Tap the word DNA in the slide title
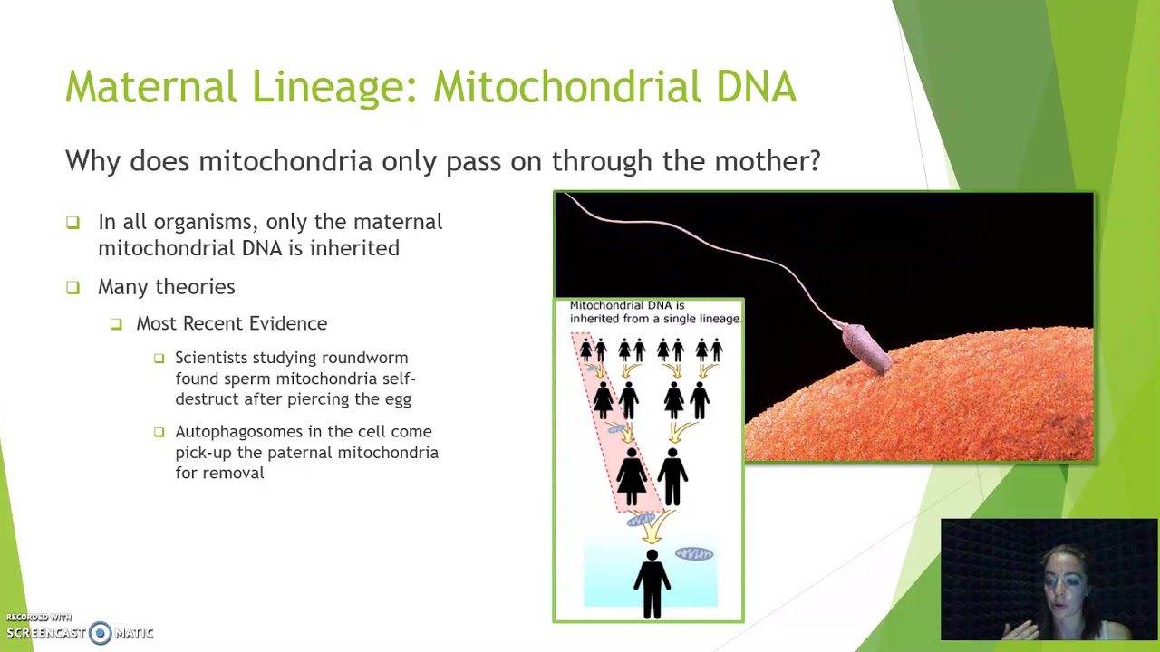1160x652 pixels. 756,87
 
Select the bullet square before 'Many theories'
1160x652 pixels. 72,287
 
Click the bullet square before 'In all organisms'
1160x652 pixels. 72,222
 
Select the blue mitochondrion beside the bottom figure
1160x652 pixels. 694,554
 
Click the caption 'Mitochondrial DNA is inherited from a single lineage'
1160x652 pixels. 652,312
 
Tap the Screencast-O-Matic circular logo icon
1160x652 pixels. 101,633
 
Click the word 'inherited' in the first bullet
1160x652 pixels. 354,248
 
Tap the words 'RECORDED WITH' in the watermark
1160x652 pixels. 38,618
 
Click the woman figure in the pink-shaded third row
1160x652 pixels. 632,475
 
